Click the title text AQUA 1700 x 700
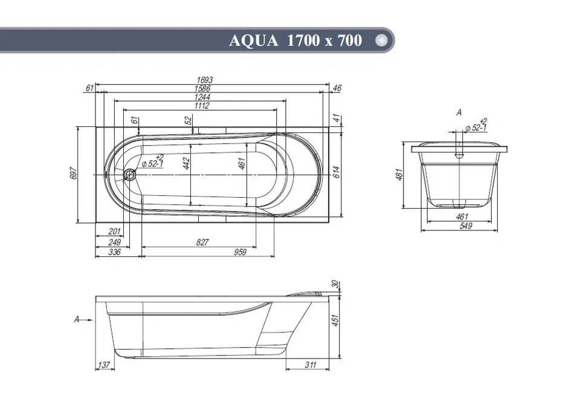(x=295, y=41)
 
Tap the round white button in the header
(x=381, y=40)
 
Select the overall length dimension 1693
(x=204, y=80)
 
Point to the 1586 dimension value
(x=202, y=88)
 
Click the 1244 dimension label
(x=202, y=97)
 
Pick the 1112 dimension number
(x=202, y=106)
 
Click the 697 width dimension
(x=73, y=174)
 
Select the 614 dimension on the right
(x=337, y=172)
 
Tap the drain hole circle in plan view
(x=129, y=174)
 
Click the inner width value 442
(x=186, y=163)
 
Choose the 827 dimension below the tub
(x=202, y=242)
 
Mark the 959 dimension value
(x=240, y=252)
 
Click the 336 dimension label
(x=115, y=252)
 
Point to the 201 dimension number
(x=114, y=232)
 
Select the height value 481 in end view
(x=399, y=174)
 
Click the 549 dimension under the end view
(x=466, y=226)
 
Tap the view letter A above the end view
(x=459, y=112)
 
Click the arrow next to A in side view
(x=87, y=320)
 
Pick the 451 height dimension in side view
(x=335, y=320)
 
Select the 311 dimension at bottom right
(x=310, y=365)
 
